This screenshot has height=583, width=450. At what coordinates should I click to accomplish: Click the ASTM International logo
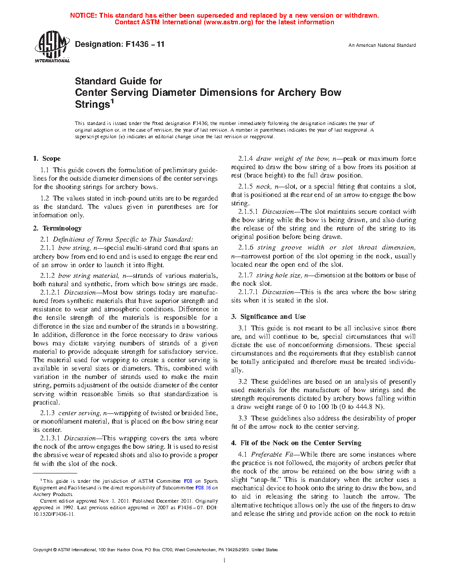[x=52, y=47]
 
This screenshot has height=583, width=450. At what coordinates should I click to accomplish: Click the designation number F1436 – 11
[x=145, y=44]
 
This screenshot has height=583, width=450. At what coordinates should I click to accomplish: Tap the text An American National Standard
[x=382, y=45]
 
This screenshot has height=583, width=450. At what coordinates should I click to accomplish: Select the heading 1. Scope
[x=47, y=159]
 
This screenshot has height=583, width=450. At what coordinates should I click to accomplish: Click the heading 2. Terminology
[x=57, y=228]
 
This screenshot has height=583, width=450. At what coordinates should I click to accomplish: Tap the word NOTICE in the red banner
[x=83, y=15]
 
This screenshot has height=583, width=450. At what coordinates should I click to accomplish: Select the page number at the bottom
[x=225, y=560]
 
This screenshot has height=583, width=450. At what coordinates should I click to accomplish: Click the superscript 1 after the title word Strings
[x=112, y=102]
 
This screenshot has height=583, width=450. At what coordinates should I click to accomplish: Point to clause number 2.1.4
[x=245, y=159]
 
